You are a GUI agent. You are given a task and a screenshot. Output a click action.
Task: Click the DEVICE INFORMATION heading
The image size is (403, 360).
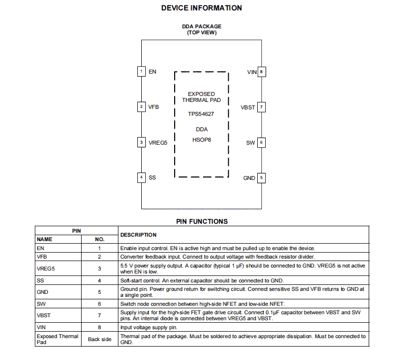201,8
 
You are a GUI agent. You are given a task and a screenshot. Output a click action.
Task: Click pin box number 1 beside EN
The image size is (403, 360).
142,72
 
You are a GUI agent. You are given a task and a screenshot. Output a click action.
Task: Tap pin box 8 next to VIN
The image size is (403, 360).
261,72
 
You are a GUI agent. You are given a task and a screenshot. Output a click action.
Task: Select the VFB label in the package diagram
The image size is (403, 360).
154,107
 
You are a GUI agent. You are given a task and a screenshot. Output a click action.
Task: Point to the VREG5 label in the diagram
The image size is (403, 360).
158,143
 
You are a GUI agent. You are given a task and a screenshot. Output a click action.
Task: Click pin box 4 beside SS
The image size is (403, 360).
142,178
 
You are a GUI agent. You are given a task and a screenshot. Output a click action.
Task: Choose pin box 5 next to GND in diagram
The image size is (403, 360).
261,178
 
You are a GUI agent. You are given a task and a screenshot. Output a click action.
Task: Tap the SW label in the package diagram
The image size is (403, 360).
250,143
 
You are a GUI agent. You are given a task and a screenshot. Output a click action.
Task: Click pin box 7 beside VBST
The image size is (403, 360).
261,107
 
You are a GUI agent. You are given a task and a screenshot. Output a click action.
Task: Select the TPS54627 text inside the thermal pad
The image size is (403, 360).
201,114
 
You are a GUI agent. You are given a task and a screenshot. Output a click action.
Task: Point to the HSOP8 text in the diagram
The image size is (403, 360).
201,140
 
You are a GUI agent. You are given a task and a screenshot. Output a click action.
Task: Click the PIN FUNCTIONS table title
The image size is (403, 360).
201,222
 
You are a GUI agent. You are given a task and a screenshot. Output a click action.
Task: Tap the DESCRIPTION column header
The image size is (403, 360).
138,235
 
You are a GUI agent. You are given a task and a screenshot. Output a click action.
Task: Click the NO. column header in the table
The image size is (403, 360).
100,239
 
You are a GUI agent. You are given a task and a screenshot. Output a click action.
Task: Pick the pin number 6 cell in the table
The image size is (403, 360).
100,303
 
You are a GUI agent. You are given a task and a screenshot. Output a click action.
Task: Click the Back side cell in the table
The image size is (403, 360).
100,339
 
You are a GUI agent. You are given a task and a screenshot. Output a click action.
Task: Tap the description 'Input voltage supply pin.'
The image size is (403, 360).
149,327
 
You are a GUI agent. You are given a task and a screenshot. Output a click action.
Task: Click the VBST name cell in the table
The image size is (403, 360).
44,315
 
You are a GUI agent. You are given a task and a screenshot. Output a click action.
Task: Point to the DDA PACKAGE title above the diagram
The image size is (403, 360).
201,26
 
